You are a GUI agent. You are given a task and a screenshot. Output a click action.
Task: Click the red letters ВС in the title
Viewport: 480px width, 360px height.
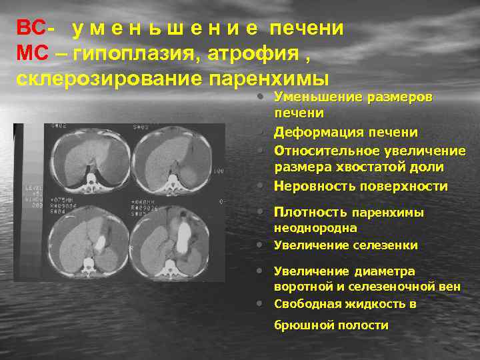tap(31, 29)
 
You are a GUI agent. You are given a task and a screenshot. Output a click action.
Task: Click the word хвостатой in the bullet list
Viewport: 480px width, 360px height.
tap(356, 167)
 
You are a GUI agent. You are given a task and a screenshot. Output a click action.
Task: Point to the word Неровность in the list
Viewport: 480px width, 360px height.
tap(314, 186)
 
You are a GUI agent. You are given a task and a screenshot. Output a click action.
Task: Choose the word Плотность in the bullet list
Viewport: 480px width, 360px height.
tap(311, 213)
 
